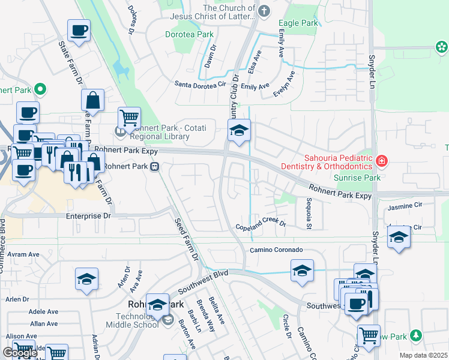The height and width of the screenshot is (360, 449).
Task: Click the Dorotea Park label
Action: click(x=189, y=35)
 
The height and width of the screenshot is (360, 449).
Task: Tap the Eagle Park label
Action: click(x=299, y=23)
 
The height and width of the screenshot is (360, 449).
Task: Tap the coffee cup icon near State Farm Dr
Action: click(x=78, y=30)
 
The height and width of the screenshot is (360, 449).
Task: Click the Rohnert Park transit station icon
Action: click(x=155, y=166)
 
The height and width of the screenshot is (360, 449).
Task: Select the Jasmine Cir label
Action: click(x=405, y=206)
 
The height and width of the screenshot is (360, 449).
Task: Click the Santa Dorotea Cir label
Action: click(x=200, y=85)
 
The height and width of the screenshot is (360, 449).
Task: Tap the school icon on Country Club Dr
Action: click(x=239, y=130)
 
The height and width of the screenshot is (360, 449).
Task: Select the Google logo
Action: click(x=20, y=353)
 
